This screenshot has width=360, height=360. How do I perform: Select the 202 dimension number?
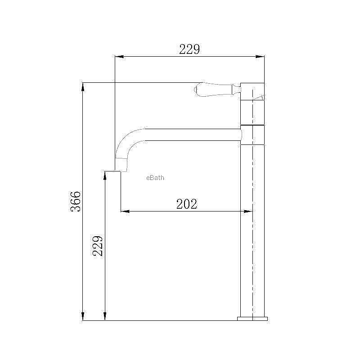(x=187, y=204)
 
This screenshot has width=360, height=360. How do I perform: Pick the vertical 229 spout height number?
(x=97, y=246)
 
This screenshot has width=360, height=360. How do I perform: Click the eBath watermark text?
(x=155, y=178)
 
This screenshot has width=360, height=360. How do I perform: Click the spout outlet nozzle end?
(x=121, y=165)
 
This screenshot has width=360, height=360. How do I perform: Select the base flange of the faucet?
(x=252, y=319)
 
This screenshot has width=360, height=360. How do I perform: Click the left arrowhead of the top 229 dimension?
(x=119, y=57)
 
